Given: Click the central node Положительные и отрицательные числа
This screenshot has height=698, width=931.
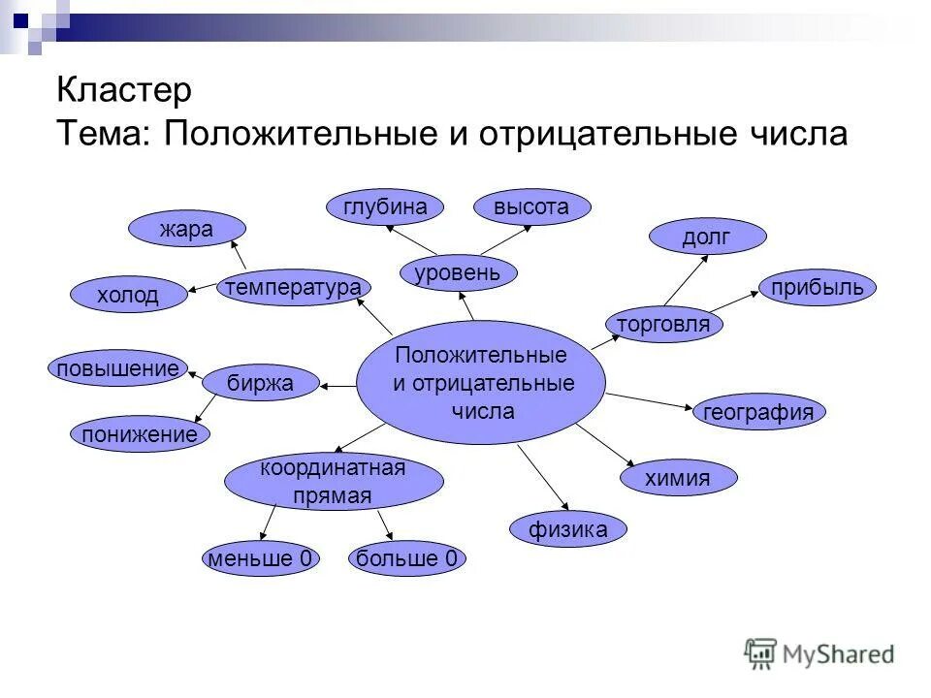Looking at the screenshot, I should [481, 382].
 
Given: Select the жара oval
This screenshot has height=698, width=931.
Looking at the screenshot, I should [187, 229].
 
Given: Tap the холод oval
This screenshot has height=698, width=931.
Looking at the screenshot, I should [129, 295].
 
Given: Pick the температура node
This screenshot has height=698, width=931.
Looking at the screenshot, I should [294, 287].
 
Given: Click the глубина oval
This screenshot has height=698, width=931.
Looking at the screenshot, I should [385, 206].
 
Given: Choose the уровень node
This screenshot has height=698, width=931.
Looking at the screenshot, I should [458, 272].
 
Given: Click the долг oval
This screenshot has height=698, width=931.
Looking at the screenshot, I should [707, 236].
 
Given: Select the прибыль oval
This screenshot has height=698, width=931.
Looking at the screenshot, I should [818, 287].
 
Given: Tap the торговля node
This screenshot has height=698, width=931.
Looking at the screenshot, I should [664, 324].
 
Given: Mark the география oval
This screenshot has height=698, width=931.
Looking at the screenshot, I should [758, 412].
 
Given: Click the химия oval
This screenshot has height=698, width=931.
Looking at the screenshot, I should [678, 477].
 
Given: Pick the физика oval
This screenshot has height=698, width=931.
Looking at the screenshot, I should [568, 529].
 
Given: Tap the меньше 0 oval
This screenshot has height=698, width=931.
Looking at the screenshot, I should [260, 558].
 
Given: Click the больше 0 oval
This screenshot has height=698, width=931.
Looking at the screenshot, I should [406, 558].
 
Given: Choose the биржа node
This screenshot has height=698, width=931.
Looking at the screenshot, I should [260, 383].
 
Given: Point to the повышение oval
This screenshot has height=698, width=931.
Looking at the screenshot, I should [117, 367].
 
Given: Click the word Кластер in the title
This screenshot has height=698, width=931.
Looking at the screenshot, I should [124, 92].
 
